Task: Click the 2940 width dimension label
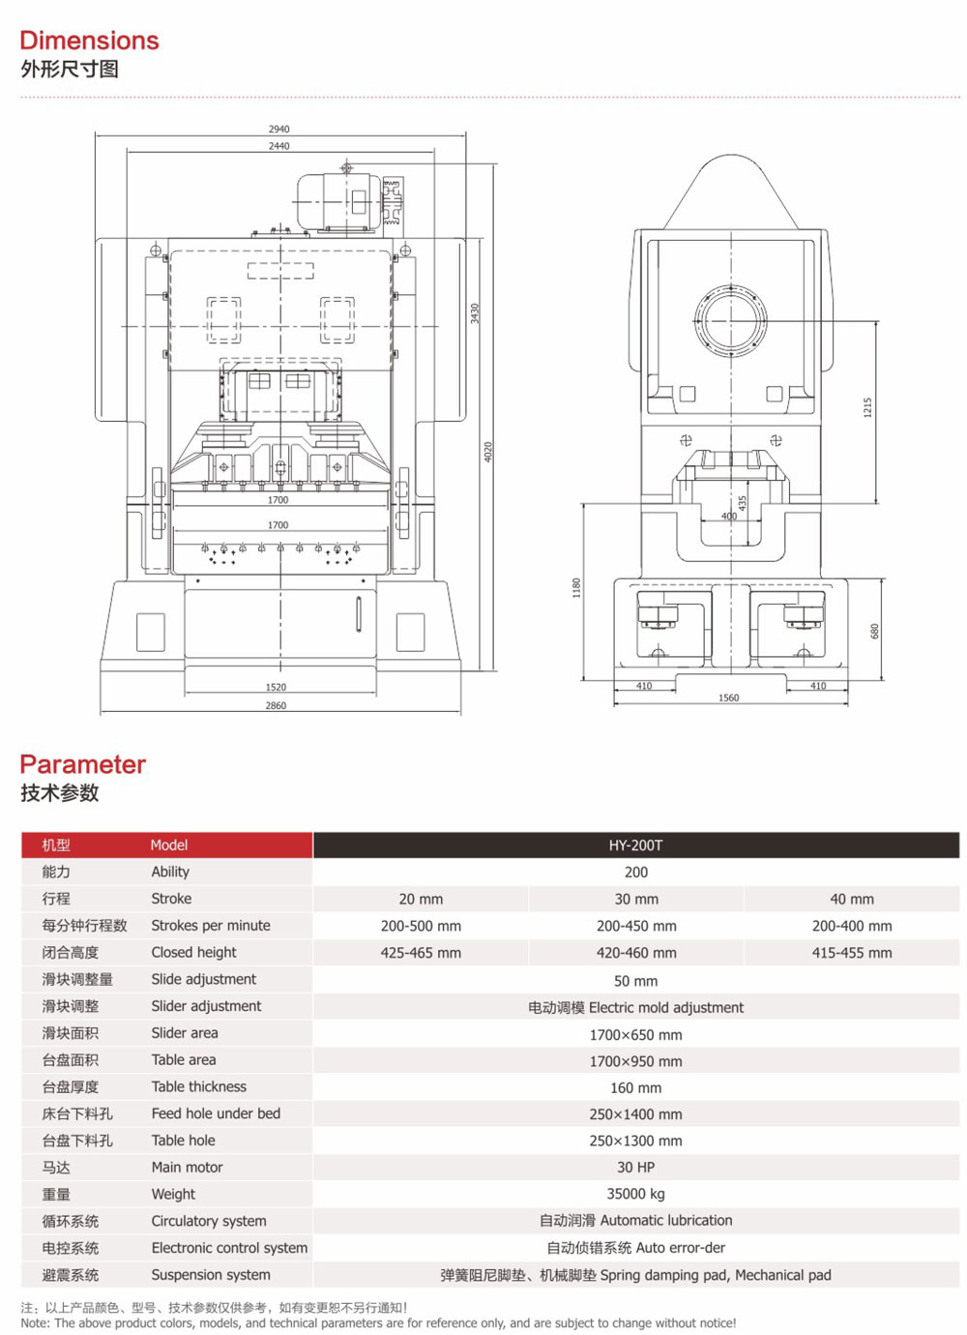278,129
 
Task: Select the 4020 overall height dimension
488,452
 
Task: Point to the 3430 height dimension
475,313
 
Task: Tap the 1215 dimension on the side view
867,407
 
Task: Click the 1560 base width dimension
728,697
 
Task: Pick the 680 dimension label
875,631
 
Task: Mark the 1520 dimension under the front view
276,687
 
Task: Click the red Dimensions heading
89,41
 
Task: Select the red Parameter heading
82,764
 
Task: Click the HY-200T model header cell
635,845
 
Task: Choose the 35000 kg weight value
635,1194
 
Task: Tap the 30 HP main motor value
635,1168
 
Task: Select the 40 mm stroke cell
851,899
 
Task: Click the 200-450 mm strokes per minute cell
635,926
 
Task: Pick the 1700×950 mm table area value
635,1061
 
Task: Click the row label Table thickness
198,1087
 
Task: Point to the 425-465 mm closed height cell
421,953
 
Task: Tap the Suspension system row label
210,1275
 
